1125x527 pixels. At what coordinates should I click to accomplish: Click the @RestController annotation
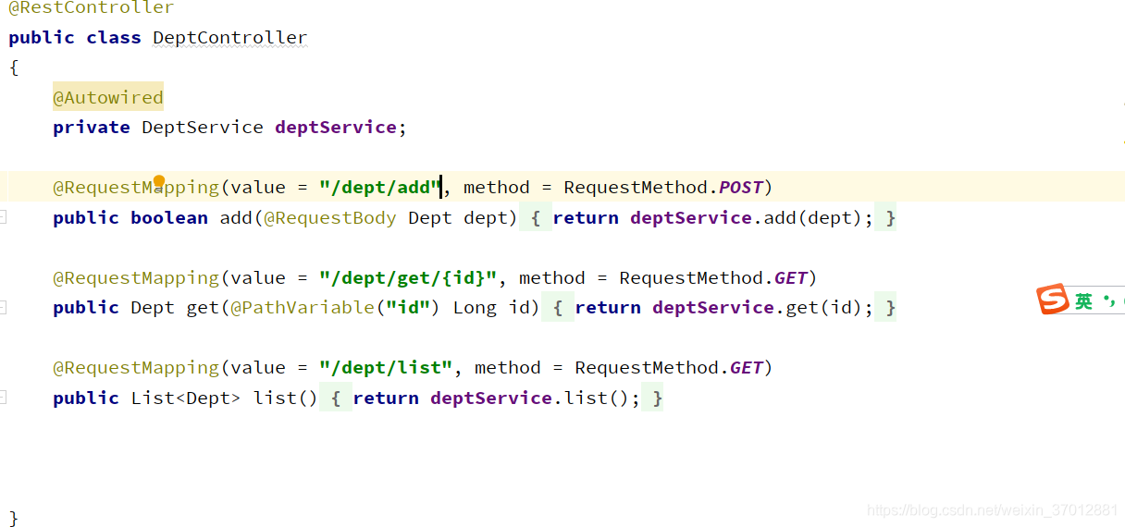[91, 8]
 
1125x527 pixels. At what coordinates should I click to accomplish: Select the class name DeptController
[229, 38]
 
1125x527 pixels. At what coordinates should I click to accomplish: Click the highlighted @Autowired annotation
[107, 97]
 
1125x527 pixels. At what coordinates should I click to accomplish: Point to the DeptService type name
[202, 128]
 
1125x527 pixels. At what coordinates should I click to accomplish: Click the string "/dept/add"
[380, 188]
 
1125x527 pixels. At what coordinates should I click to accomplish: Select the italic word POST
[740, 188]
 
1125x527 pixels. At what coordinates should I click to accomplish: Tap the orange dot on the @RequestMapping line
[159, 181]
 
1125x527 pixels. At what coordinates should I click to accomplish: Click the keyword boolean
[169, 218]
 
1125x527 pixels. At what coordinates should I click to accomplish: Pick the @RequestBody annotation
[330, 218]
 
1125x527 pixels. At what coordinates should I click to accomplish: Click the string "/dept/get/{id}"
[408, 278]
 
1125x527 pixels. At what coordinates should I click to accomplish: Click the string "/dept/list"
[386, 368]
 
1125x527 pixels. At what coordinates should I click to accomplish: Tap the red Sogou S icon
[1053, 300]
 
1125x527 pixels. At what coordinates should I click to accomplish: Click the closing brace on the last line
[13, 518]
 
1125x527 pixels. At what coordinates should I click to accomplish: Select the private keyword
[91, 128]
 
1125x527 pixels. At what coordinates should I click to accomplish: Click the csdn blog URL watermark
[992, 510]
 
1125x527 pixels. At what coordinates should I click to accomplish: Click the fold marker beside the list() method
[4, 398]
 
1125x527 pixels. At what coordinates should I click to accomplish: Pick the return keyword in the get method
[607, 308]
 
